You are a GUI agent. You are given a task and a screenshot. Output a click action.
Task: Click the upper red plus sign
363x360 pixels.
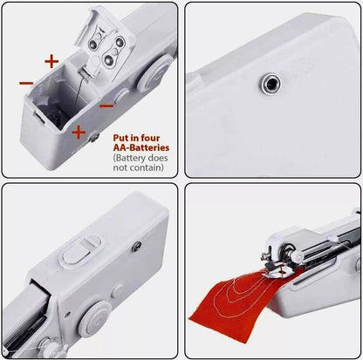51,61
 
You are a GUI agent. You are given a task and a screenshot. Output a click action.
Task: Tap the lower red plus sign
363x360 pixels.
78,132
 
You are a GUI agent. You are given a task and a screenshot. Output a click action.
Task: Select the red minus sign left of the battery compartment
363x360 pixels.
26,83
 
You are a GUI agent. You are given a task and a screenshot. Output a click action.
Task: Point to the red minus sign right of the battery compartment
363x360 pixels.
106,105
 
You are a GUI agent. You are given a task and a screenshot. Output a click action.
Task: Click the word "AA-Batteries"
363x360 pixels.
138,148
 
